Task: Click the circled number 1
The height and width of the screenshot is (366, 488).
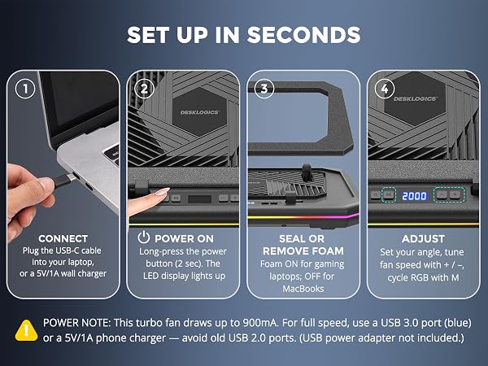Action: tap(25, 89)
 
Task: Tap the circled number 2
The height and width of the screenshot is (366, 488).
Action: tap(145, 89)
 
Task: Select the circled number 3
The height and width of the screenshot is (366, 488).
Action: tap(264, 89)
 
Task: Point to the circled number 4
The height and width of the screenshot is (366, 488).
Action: tap(385, 89)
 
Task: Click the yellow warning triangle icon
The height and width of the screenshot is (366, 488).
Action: tap(27, 330)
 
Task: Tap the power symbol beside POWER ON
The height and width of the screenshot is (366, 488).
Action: tap(144, 237)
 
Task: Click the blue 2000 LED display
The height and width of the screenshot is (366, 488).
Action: tap(414, 196)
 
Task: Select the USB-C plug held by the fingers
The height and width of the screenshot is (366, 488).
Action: tap(64, 181)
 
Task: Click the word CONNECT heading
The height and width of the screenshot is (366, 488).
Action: tap(63, 238)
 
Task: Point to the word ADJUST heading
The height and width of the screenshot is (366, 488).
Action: tap(423, 238)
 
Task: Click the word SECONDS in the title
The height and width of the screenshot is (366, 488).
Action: tap(303, 34)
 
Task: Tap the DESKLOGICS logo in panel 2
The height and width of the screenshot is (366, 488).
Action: tap(200, 112)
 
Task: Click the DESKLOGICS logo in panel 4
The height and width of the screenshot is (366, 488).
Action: tap(415, 98)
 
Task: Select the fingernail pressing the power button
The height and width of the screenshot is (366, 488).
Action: tap(163, 192)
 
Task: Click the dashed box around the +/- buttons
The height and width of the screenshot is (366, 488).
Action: tap(449, 195)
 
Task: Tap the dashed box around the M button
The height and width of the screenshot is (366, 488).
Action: tap(389, 195)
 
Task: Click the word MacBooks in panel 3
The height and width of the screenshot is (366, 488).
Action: tap(303, 289)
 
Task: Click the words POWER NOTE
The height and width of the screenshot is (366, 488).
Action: tap(76, 323)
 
